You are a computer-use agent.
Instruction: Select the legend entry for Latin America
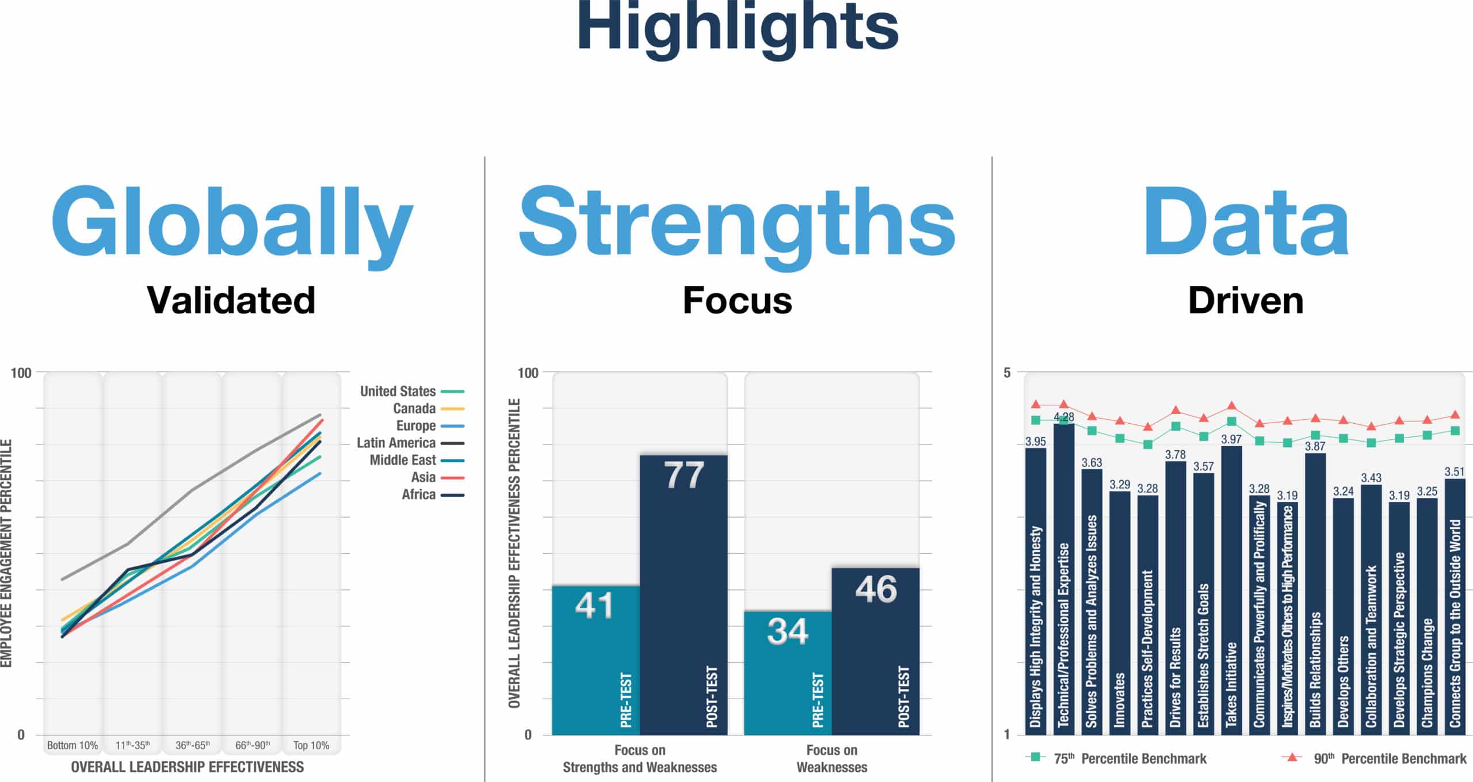(410, 443)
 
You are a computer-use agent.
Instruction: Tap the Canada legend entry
(428, 408)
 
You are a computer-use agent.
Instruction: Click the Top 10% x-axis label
(311, 745)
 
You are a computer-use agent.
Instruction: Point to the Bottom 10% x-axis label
(72, 745)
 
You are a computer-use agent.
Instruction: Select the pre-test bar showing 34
(788, 673)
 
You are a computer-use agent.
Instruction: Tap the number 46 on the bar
(876, 589)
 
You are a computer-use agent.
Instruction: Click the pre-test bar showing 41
(596, 660)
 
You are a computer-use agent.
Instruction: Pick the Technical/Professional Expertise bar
(1064, 579)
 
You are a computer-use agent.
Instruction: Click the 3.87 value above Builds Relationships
(1315, 446)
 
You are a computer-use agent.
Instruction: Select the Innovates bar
(1120, 613)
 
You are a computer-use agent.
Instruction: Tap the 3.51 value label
(1455, 472)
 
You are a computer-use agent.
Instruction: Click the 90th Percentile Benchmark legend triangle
(1292, 757)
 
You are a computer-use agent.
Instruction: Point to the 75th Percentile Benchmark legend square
(1036, 757)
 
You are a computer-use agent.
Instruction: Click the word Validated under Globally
(231, 300)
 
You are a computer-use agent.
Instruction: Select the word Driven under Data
(1246, 300)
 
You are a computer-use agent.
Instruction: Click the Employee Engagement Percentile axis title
(6, 553)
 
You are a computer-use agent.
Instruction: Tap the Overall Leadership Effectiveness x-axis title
(188, 767)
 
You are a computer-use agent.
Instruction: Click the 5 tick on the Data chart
(1007, 373)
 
